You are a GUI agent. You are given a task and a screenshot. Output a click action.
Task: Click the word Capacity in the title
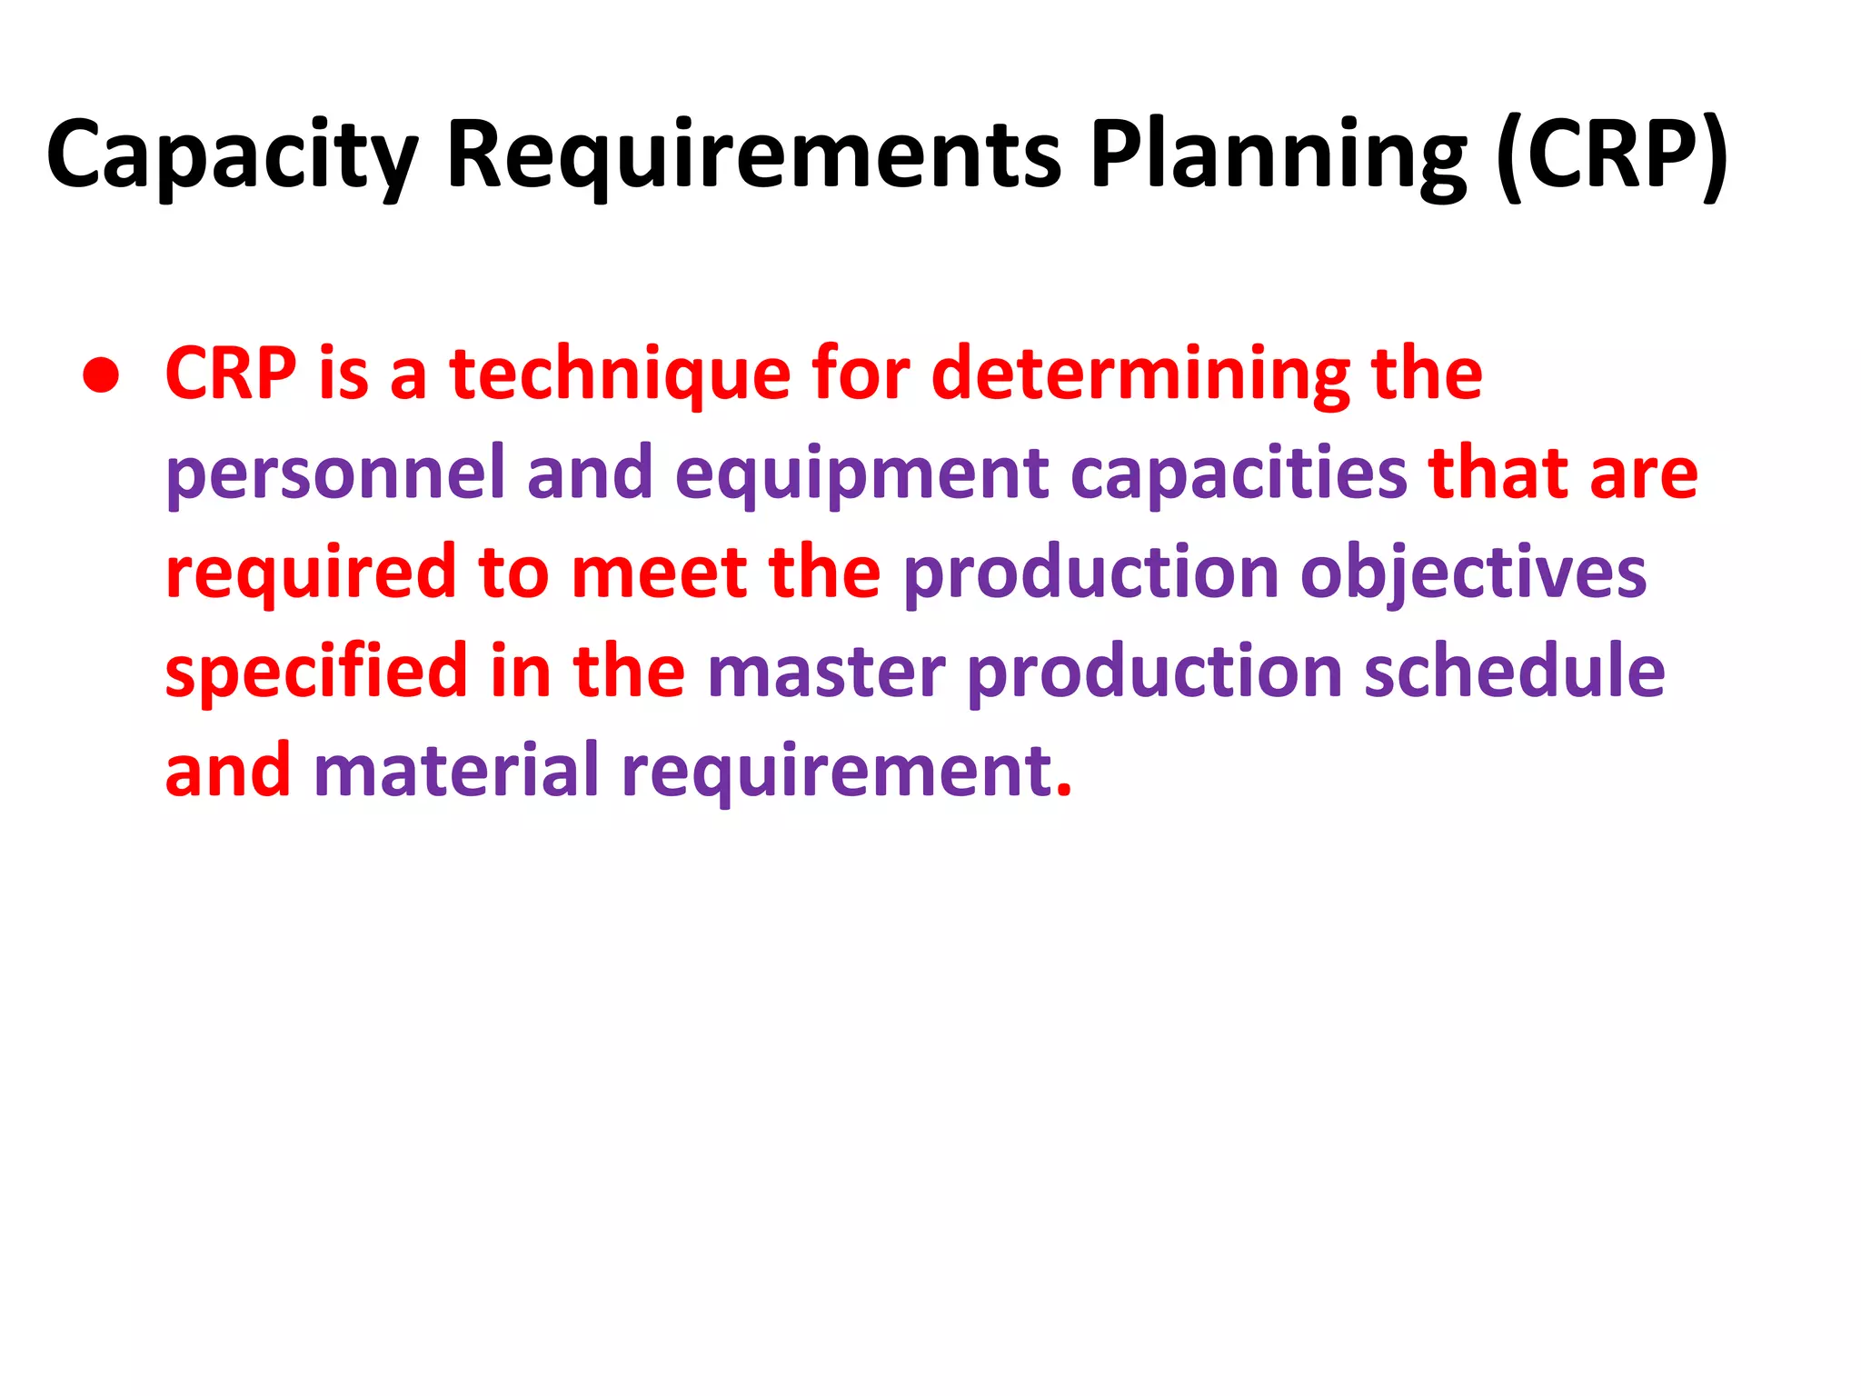coord(232,156)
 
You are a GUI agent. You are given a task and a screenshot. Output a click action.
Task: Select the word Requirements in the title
coord(753,156)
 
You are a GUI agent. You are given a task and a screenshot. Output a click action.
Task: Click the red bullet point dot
coord(100,375)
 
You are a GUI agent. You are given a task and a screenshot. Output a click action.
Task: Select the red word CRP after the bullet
coord(231,374)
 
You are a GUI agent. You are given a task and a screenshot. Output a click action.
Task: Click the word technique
coord(620,375)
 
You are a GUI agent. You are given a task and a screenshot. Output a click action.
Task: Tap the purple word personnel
coord(335,474)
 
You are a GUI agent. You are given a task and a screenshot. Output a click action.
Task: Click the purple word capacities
coord(1239,474)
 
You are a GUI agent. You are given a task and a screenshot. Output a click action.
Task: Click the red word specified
coord(316,673)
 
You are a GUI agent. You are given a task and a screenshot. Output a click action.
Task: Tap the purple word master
coord(826,673)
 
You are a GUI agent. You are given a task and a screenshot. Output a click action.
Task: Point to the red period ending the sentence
coord(1064,792)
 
